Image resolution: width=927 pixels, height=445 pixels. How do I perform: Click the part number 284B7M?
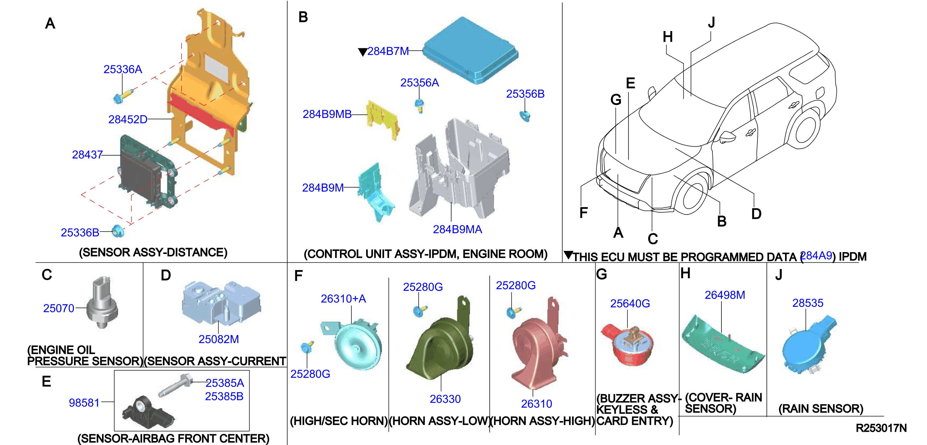[388, 51]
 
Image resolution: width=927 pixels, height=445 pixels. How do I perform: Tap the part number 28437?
[87, 154]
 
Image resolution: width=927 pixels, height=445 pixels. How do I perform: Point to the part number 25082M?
[218, 339]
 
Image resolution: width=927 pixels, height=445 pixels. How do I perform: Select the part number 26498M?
[725, 295]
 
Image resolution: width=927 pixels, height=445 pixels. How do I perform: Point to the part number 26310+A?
[343, 299]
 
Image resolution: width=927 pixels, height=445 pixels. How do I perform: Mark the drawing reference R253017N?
[881, 428]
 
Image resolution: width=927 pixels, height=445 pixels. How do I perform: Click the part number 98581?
[84, 403]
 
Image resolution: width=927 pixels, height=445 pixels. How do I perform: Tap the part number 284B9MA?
[457, 229]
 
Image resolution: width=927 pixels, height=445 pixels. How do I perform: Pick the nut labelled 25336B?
[118, 231]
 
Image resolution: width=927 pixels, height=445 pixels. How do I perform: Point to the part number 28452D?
[128, 119]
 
